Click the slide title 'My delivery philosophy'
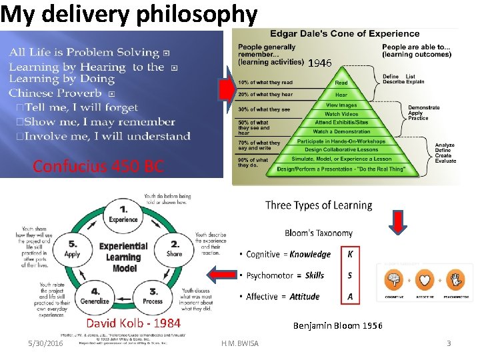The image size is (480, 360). click(129, 14)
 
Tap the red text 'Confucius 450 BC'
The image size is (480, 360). click(98, 166)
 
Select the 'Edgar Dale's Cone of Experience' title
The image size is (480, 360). click(345, 33)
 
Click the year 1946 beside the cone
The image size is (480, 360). click(319, 63)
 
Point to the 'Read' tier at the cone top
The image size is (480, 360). click(341, 83)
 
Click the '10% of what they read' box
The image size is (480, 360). click(265, 83)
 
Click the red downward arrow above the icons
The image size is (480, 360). click(397, 223)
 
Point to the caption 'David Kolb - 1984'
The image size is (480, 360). click(133, 323)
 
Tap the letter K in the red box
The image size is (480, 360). click(350, 254)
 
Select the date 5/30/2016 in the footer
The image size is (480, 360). click(45, 343)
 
